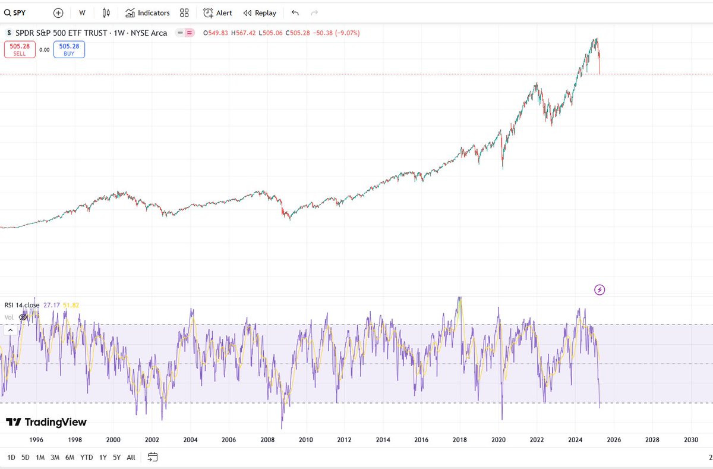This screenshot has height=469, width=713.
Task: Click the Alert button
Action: click(217, 12)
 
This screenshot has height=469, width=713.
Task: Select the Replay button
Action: click(260, 12)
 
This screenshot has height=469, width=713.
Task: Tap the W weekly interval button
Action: click(82, 12)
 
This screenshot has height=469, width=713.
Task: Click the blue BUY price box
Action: click(69, 49)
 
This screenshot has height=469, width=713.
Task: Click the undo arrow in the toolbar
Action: click(295, 12)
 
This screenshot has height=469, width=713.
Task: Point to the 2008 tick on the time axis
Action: click(267, 440)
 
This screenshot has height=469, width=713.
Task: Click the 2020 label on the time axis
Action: click(499, 440)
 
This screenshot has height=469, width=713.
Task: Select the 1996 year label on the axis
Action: click(36, 440)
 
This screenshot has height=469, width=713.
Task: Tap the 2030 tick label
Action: click(691, 440)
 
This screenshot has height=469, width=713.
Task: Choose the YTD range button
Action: click(87, 457)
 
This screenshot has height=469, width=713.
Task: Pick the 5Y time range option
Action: click(117, 457)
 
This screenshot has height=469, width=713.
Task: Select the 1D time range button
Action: click(11, 457)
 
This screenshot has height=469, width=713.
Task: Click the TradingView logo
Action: click(46, 422)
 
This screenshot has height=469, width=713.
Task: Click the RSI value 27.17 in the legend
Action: click(51, 305)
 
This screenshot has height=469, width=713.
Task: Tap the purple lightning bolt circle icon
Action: click(600, 290)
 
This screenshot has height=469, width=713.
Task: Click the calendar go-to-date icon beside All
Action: click(153, 457)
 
